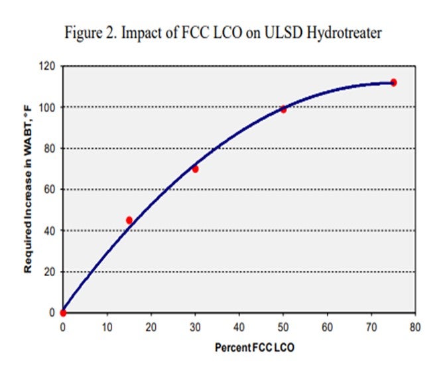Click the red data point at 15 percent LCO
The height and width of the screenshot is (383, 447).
[x=129, y=220]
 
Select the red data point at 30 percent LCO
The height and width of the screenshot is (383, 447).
[x=195, y=169]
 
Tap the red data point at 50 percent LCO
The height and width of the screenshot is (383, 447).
[x=283, y=110]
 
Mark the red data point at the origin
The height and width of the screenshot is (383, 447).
[x=63, y=313]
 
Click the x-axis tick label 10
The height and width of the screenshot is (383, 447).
[x=107, y=326]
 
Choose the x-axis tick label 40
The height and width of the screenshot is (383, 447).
[x=239, y=326]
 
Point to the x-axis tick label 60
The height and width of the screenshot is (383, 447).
[x=327, y=326]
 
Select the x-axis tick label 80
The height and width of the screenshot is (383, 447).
[x=415, y=326]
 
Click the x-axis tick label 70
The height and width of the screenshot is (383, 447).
[x=371, y=326]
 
